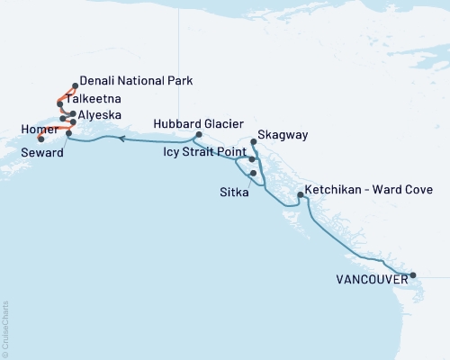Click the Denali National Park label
pyautogui.click(x=135, y=80)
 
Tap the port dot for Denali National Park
pyautogui.click(x=74, y=86)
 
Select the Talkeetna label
pyautogui.click(x=101, y=99)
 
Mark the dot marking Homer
pyautogui.click(x=41, y=139)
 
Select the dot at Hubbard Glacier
pyautogui.click(x=197, y=136)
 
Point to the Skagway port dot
pyautogui.click(x=254, y=142)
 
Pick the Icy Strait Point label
pyautogui.click(x=204, y=154)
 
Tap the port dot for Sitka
pyautogui.click(x=254, y=173)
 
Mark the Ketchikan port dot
pyautogui.click(x=300, y=195)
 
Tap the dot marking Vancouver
pyautogui.click(x=413, y=275)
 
